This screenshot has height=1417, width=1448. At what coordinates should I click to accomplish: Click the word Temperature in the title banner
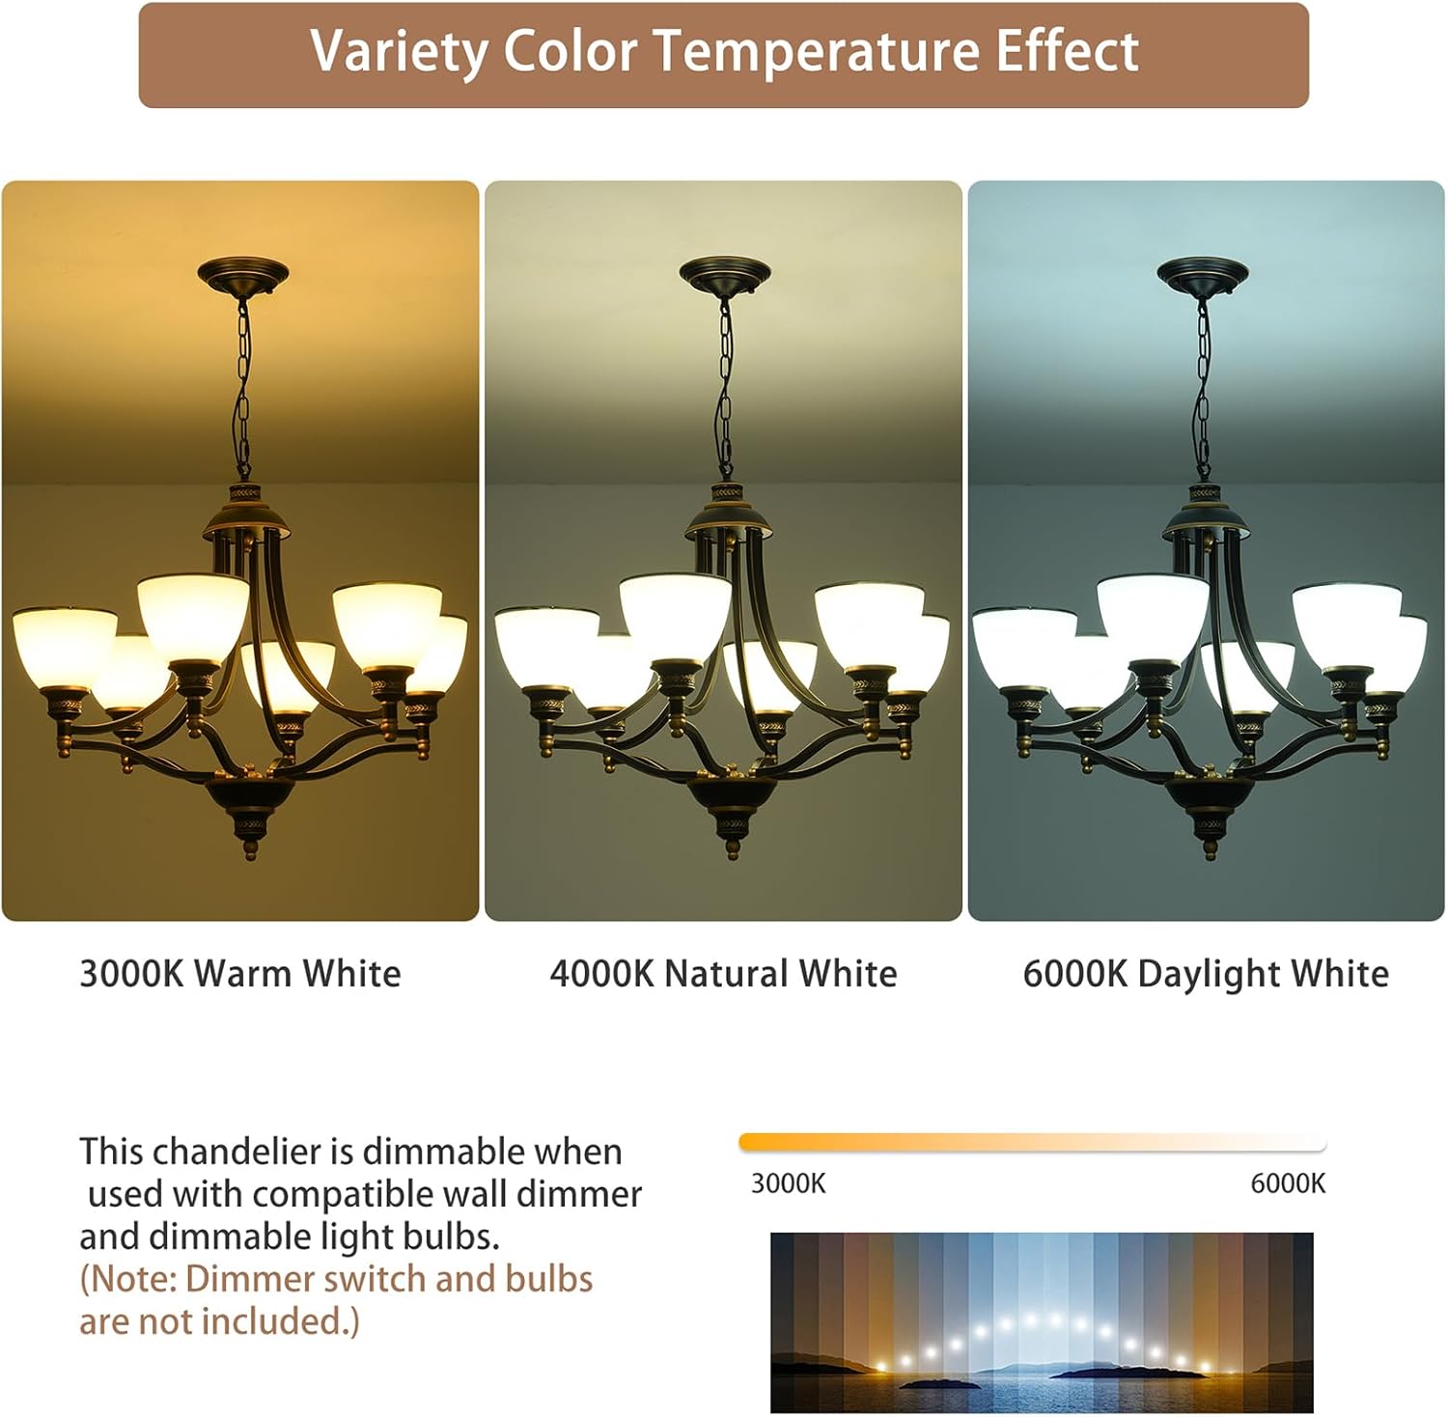817,52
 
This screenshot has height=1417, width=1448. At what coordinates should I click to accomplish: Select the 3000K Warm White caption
239,973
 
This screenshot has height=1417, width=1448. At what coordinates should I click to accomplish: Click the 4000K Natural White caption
723,973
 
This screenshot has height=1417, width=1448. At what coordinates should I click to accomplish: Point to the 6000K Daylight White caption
1206,973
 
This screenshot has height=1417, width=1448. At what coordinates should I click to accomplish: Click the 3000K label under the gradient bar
788,1183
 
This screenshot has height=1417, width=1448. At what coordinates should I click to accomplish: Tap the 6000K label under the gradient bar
1288,1183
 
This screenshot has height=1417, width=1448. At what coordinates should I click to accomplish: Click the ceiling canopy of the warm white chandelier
242,273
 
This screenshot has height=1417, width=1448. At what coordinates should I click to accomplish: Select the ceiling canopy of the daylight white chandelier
1202,273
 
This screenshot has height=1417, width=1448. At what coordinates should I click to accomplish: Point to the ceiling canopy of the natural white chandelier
724,273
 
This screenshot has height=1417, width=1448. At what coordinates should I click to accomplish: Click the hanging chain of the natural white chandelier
724,386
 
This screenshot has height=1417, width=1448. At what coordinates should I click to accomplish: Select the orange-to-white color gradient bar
1032,1143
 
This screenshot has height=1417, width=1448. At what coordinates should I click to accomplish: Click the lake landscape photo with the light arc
1042,1322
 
